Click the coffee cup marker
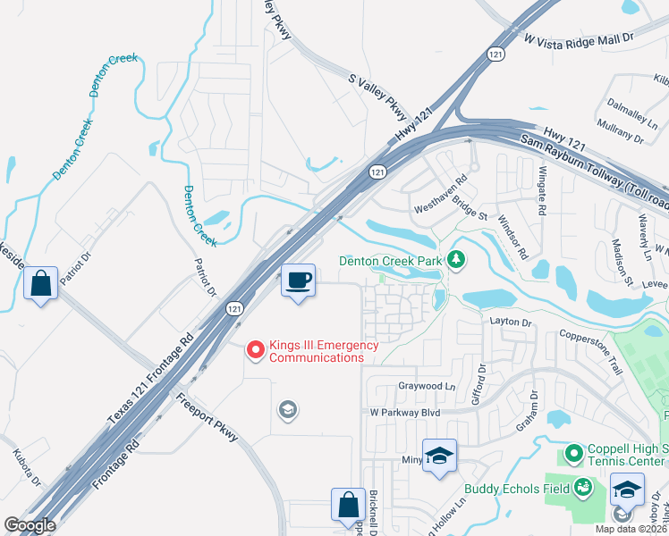pos(299,281)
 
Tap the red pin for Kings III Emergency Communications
pos(256,350)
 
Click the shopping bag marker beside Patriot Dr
pos(41,284)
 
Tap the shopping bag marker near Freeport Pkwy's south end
pos(347,506)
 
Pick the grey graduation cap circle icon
pos(287,410)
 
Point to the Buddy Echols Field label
pos(517,489)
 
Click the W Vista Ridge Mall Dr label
pos(578,40)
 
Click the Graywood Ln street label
pos(426,387)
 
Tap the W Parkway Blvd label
pos(405,413)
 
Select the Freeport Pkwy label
pos(207,417)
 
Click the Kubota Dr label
pos(26,469)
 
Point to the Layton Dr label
pos(511,322)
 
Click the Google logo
pos(30,525)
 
